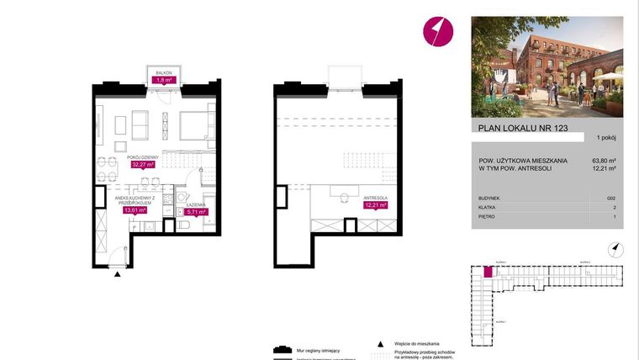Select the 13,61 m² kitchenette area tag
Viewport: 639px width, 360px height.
click(135, 210)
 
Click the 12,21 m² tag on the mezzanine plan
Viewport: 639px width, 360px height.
click(374, 204)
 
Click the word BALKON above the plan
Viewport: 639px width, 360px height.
click(163, 73)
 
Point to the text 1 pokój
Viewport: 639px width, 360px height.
click(606, 137)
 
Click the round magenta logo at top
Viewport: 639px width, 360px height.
click(436, 31)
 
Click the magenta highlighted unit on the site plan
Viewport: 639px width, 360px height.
click(487, 272)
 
